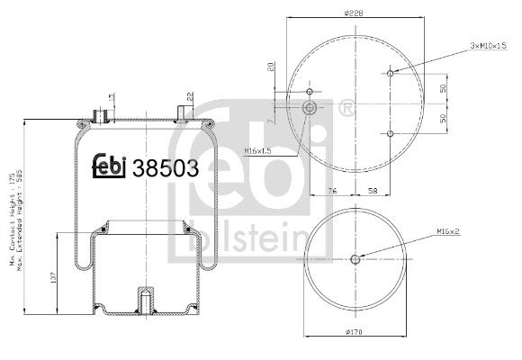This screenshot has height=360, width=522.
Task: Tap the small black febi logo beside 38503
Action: pos(110,166)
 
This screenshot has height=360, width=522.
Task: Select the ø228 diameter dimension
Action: pos(352,12)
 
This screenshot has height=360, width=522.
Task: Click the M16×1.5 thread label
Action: pos(259,150)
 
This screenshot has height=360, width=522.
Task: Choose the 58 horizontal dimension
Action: pos(372,191)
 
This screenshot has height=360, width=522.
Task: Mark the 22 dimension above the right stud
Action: pos(191,96)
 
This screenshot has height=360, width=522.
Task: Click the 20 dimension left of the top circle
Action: pos(271,66)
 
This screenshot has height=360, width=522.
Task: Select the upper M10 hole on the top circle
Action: pos(390,74)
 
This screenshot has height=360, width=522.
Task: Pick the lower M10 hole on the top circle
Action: pos(390,133)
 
